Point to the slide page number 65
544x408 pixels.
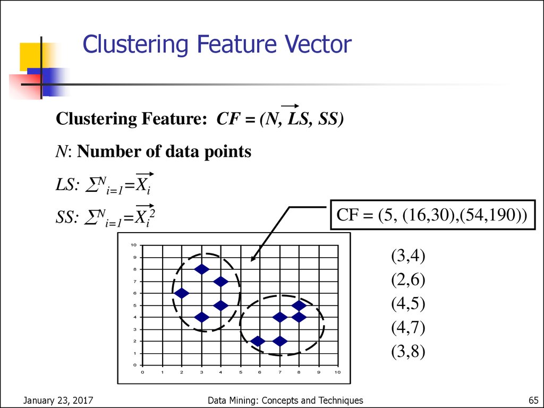coord(533,400)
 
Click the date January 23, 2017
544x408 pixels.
coord(58,401)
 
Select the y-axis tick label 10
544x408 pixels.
coord(134,245)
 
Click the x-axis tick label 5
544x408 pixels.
coord(241,372)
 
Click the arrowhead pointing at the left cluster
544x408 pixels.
coord(253,257)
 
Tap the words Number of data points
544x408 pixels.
coord(164,151)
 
